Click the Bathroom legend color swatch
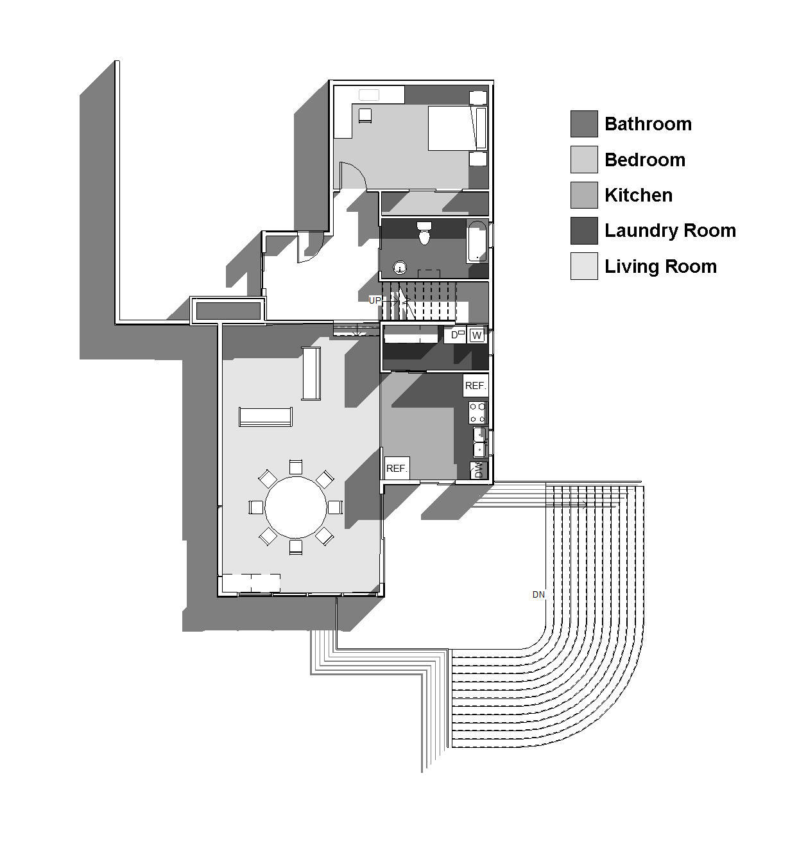[583, 124]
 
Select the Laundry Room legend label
[670, 230]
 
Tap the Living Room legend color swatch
[583, 266]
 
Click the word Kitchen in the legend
[639, 195]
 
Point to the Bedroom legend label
[645, 160]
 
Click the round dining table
[296, 506]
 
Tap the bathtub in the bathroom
[477, 241]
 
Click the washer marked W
[476, 335]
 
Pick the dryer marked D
[455, 335]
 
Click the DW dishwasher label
[478, 470]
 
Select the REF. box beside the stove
[475, 385]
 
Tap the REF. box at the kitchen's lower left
[397, 468]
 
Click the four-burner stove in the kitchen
[477, 412]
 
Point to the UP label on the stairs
[375, 300]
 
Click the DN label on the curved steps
[538, 594]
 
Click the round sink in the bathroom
[400, 268]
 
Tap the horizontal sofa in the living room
[266, 416]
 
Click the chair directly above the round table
[296, 466]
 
